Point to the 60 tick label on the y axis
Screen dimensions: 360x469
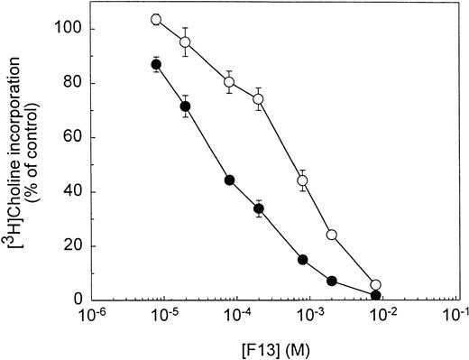coord(77,136)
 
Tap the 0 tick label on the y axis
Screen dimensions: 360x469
coord(80,299)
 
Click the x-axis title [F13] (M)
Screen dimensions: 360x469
coord(274,347)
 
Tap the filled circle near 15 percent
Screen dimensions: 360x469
coord(303,259)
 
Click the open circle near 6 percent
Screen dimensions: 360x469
coord(375,284)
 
